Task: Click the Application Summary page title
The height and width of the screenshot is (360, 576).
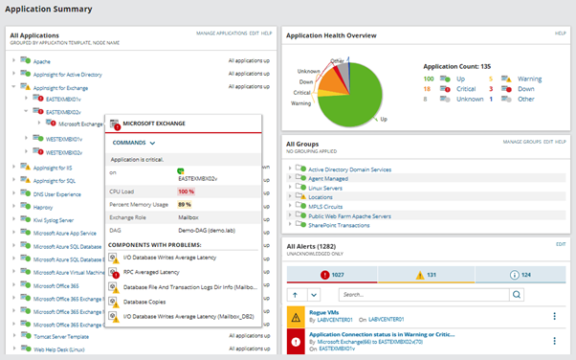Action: (51, 10)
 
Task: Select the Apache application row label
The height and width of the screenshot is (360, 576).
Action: (43, 59)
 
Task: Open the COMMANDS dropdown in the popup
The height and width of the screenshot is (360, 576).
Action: (134, 142)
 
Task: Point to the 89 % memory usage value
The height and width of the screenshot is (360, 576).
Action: (184, 204)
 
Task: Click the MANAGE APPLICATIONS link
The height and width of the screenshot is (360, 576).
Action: (220, 34)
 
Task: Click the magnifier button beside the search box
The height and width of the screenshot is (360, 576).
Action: (518, 295)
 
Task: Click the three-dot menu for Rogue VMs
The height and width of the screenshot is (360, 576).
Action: (554, 316)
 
